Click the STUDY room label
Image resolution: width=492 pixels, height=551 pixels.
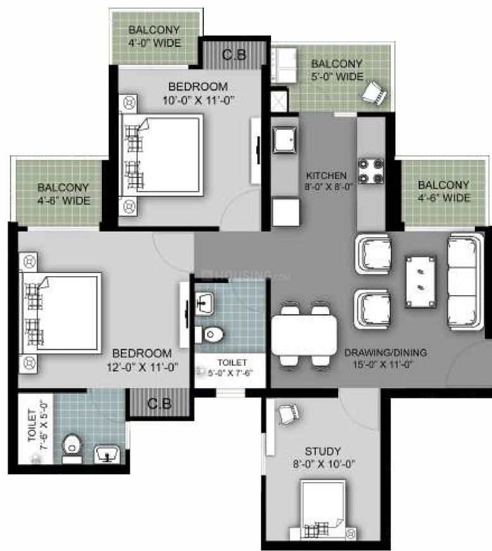coord(322,451)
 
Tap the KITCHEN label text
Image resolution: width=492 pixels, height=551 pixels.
coord(327,175)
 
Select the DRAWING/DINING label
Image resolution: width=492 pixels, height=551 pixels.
coord(386,353)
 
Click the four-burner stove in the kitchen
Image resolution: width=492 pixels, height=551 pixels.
coord(371,171)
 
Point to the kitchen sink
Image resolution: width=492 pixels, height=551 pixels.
coord(285,140)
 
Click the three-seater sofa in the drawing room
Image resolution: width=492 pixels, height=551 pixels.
coord(464,281)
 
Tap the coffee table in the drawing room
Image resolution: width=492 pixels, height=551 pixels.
coord(421,282)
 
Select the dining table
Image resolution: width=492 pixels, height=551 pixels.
coord(305,335)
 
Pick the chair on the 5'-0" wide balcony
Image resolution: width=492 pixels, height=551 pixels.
coord(374,92)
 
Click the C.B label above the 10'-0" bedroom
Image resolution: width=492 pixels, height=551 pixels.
coord(234,54)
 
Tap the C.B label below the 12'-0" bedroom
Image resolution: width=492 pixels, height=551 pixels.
coord(159,403)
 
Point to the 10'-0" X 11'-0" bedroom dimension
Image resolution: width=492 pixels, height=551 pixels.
coord(198,100)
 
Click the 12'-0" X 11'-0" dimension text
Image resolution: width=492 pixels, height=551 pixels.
coord(142,367)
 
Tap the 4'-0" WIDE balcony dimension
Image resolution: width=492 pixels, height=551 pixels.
coord(155,43)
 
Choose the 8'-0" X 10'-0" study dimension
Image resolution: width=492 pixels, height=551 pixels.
coord(324,464)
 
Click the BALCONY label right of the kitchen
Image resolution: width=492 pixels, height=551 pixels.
coord(443,184)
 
